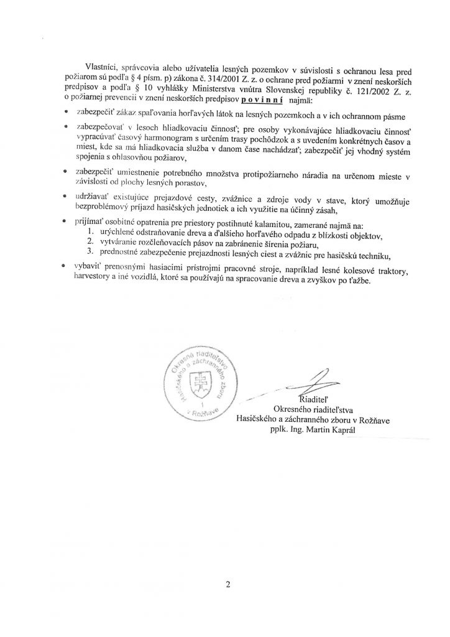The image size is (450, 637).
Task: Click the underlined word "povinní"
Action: pyautogui.click(x=262, y=100)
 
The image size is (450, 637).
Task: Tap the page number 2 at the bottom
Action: pyautogui.click(x=228, y=584)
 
